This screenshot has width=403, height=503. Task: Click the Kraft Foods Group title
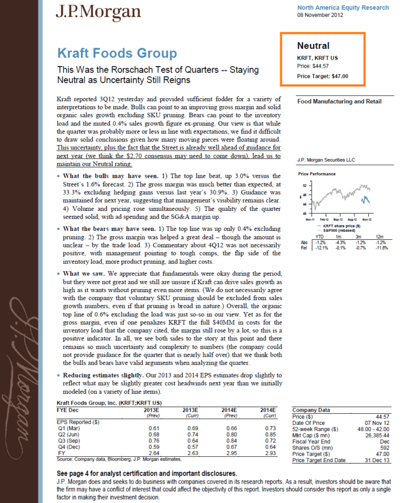tap(116, 53)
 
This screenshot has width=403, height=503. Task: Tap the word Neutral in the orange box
tap(313, 46)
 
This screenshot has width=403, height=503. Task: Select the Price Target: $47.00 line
tap(322, 76)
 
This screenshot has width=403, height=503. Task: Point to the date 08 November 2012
tap(320, 16)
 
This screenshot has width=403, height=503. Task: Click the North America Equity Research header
tap(343, 8)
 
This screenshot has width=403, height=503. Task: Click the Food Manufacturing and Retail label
tap(339, 102)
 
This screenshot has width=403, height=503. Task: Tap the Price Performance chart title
tap(316, 174)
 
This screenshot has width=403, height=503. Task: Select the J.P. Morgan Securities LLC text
tap(326, 160)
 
